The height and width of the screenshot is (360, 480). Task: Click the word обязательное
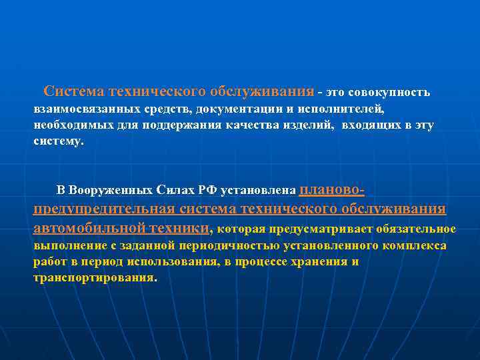click(416, 230)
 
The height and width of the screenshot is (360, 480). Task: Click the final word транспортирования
click(93, 278)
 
